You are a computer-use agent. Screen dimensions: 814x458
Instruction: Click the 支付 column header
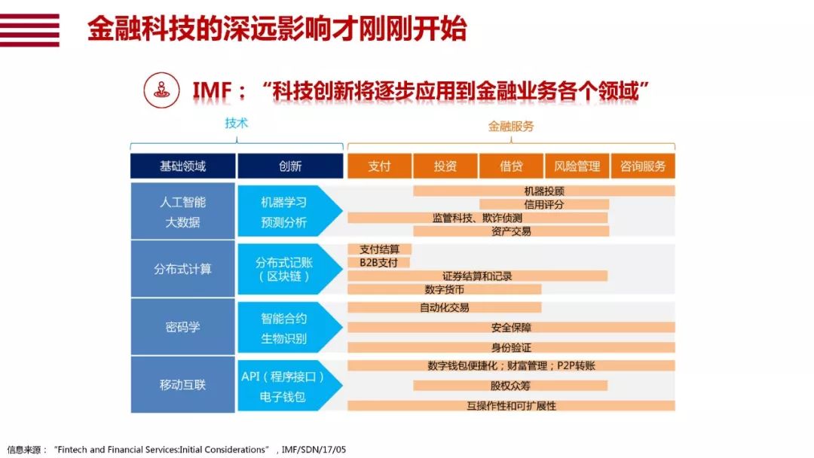(x=379, y=166)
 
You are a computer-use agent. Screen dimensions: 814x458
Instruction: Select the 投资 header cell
(x=445, y=166)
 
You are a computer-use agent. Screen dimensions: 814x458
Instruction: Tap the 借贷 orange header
(x=511, y=166)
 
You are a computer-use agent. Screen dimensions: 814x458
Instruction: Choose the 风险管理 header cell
(x=577, y=166)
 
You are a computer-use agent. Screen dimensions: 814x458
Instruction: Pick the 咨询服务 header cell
(x=643, y=166)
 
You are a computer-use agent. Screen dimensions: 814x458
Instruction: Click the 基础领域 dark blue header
(x=182, y=166)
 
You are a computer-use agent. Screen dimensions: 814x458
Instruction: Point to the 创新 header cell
(x=290, y=166)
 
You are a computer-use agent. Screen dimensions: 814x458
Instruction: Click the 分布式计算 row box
(x=182, y=269)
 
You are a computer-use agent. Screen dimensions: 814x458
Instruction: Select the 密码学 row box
(x=182, y=327)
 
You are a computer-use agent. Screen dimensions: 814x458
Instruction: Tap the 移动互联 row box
(x=182, y=384)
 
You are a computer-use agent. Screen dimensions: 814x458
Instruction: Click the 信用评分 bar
(x=543, y=204)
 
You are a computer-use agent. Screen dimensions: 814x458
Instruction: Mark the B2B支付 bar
(x=379, y=262)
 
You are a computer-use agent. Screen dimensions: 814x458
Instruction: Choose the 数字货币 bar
(x=445, y=289)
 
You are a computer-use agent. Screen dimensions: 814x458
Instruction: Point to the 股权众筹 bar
(x=510, y=386)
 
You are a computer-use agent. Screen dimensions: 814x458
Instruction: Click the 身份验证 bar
(x=511, y=347)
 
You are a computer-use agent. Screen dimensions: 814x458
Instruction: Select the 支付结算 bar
(x=379, y=249)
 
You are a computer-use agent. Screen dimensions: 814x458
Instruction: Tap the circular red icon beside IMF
(x=161, y=90)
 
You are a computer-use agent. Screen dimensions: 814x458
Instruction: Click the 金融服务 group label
(x=511, y=126)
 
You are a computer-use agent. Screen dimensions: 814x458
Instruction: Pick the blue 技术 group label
(x=236, y=123)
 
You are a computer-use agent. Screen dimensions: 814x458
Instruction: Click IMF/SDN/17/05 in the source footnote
(x=314, y=450)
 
